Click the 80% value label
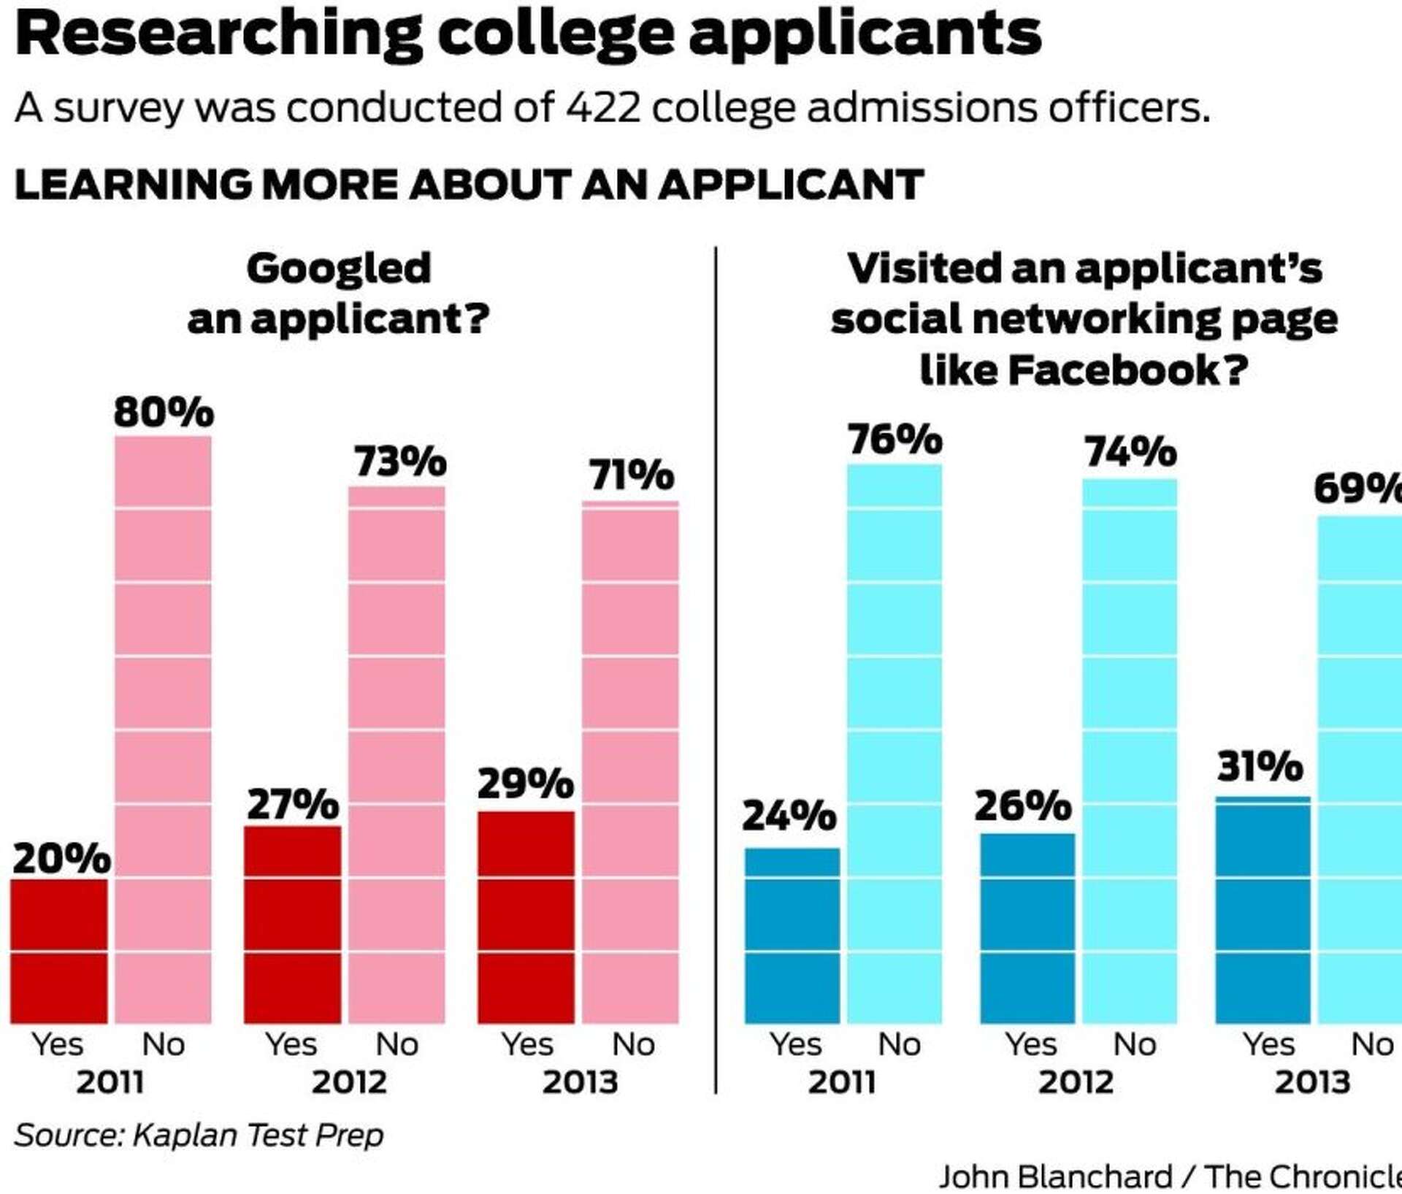(x=163, y=412)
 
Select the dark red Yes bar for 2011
(x=58, y=951)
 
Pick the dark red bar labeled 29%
(x=526, y=917)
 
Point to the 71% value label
(x=632, y=475)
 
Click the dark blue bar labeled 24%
(x=792, y=935)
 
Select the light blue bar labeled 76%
(x=895, y=743)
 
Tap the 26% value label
(x=1022, y=806)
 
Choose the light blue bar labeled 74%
(x=1130, y=751)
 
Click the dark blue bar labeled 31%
(x=1263, y=910)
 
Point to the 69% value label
(x=1357, y=488)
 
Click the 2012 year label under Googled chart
(x=349, y=1082)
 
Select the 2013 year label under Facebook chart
(x=1312, y=1082)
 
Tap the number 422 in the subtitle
(x=603, y=108)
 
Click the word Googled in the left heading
(x=339, y=269)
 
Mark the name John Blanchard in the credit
(x=1055, y=1176)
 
